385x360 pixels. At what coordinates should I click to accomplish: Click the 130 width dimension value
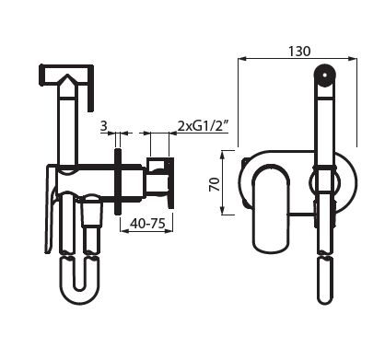coord(299,52)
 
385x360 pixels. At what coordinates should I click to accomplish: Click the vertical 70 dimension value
coord(215,184)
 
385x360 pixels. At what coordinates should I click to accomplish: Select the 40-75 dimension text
coord(147,223)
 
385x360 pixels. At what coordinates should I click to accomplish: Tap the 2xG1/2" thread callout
coord(203,126)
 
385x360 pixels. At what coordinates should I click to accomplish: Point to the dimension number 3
coord(104,126)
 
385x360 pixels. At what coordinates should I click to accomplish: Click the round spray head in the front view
coord(325,75)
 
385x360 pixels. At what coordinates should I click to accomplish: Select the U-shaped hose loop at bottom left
coord(79,279)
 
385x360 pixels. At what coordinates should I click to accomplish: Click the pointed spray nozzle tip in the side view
coord(67,80)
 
